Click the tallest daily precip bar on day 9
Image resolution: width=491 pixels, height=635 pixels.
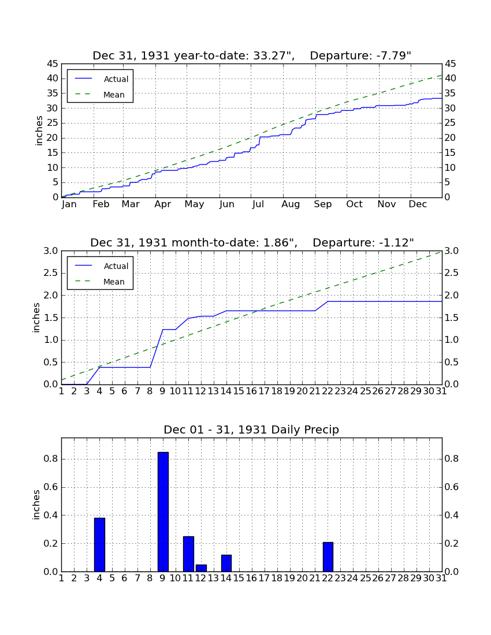coord(163,511)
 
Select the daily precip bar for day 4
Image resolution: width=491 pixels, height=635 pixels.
coord(100,545)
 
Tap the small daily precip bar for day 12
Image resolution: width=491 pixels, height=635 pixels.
coord(202,568)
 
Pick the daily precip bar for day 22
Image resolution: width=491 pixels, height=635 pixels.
coord(328,556)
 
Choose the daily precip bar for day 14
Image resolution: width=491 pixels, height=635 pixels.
coord(226,563)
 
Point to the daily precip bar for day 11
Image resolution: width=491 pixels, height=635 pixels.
coord(188,554)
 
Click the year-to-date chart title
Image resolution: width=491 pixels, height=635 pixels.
coord(252,55)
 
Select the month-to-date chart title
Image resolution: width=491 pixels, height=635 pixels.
coord(252,242)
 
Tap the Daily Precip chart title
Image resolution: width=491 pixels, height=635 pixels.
coord(251,429)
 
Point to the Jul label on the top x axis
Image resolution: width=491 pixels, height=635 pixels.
coord(258,204)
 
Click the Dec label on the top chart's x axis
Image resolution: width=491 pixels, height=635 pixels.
coord(418,204)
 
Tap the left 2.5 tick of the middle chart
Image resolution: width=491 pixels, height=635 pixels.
coord(51,273)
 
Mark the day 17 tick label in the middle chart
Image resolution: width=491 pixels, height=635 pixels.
coord(264,391)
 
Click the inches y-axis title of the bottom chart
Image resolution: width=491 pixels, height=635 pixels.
coord(36,505)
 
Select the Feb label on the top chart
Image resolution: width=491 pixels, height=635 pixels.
coord(101,204)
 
